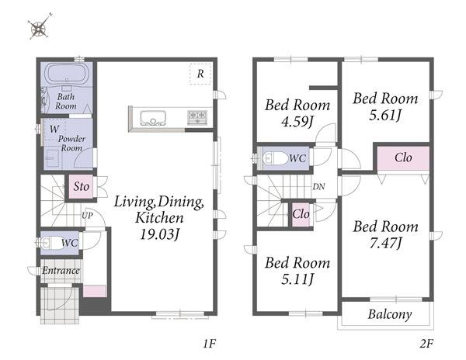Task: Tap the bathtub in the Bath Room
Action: (67, 74)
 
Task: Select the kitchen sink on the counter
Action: (153, 118)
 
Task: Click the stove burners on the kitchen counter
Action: (197, 116)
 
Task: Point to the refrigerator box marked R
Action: (200, 74)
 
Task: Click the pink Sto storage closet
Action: (81, 187)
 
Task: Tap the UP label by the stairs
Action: (87, 216)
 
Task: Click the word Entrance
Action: (61, 270)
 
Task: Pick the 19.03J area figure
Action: (160, 234)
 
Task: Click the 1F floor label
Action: (209, 344)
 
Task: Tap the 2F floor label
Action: (426, 344)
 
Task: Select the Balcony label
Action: (390, 314)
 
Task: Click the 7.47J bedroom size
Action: (386, 243)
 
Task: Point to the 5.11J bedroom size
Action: (297, 279)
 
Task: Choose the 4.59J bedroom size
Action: (297, 121)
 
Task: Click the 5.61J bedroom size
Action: (385, 115)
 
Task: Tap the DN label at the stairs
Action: (318, 187)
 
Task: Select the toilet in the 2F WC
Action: (275, 158)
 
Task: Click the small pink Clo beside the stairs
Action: (301, 213)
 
